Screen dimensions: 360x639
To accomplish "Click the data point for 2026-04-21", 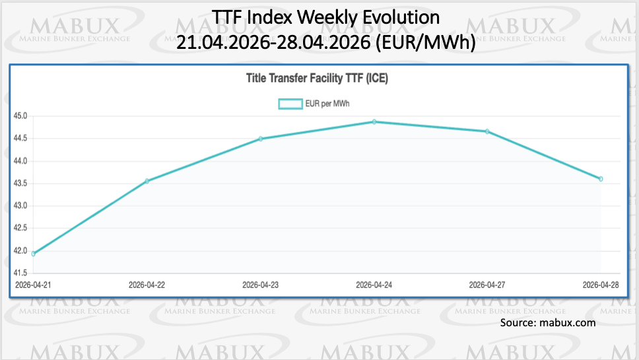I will (x=33, y=254).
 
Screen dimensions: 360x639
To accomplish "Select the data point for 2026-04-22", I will (x=147, y=181).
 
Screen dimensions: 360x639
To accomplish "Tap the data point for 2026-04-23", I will (x=261, y=139).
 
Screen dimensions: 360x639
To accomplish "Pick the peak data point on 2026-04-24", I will (x=374, y=122).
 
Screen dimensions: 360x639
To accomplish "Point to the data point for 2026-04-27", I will (x=487, y=131).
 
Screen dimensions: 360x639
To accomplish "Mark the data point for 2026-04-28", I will (x=601, y=179).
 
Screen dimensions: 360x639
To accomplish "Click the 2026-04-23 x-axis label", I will (x=261, y=285).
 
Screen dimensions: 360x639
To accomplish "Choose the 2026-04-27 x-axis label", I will (x=487, y=285).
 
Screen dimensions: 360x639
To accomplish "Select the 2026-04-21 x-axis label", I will (x=34, y=285).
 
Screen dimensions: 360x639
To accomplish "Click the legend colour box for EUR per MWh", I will (x=290, y=104).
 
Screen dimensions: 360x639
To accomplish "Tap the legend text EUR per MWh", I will (x=331, y=104).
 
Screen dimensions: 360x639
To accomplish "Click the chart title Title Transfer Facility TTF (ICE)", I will (x=317, y=79).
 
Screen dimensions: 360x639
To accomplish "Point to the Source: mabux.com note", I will (x=548, y=322).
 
